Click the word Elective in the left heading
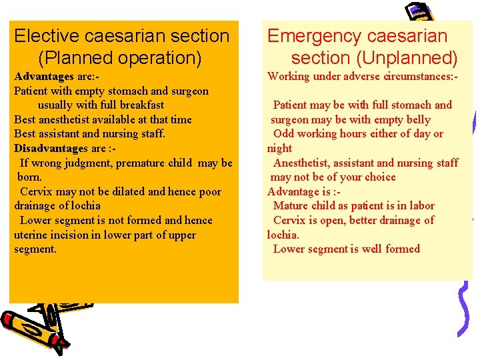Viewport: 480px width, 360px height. coord(45,36)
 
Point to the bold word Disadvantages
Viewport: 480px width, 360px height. coord(50,148)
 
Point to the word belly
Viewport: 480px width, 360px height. coord(417,120)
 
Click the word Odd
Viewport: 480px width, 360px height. coord(284,134)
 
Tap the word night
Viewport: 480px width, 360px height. coord(279,149)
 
